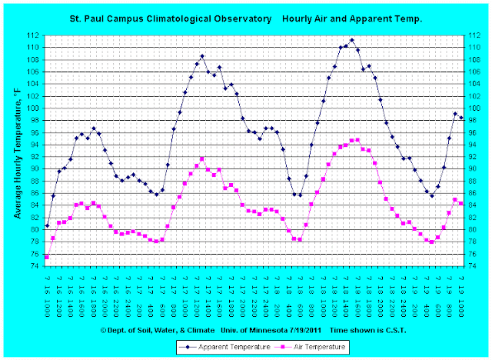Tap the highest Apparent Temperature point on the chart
pyautogui.click(x=352, y=40)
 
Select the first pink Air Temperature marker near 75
pyautogui.click(x=47, y=257)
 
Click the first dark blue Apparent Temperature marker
pyautogui.click(x=47, y=225)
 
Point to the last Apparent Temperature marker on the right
pyautogui.click(x=461, y=117)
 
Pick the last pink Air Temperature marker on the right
pyautogui.click(x=461, y=203)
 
